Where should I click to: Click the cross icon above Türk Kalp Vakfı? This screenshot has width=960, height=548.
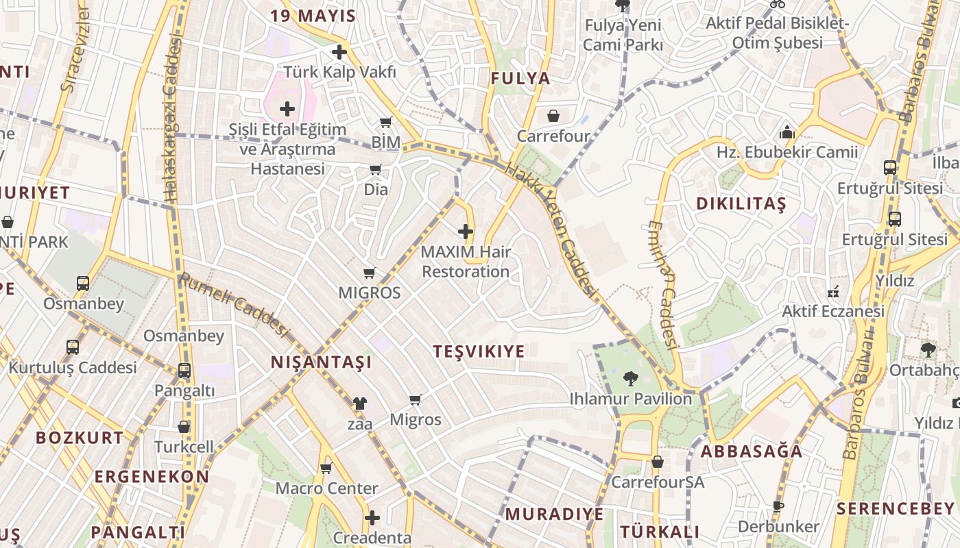pos(339,52)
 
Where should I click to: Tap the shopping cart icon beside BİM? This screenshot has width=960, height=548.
pos(385,123)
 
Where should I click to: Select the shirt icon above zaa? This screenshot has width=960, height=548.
pos(359,403)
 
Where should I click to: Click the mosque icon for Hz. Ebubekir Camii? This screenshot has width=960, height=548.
pos(787,132)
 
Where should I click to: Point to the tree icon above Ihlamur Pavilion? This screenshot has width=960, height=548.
pos(630,378)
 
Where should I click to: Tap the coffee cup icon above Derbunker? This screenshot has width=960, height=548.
pos(778,507)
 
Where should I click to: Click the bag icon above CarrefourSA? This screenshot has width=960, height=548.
pos(657,462)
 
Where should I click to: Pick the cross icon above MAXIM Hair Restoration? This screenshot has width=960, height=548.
pos(466,232)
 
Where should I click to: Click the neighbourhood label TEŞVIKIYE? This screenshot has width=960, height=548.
pos(479,352)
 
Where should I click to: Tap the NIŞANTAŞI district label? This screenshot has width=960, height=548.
pos(321,362)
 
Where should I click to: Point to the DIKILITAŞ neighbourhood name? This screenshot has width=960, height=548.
pos(741,204)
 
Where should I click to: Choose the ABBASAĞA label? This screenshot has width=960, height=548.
pos(752,451)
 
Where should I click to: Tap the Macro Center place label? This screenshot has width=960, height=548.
pos(326,488)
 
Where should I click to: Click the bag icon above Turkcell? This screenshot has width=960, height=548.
pos(184,427)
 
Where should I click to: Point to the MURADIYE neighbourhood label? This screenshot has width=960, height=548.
pos(554,514)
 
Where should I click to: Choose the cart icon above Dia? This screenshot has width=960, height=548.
pos(375,169)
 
